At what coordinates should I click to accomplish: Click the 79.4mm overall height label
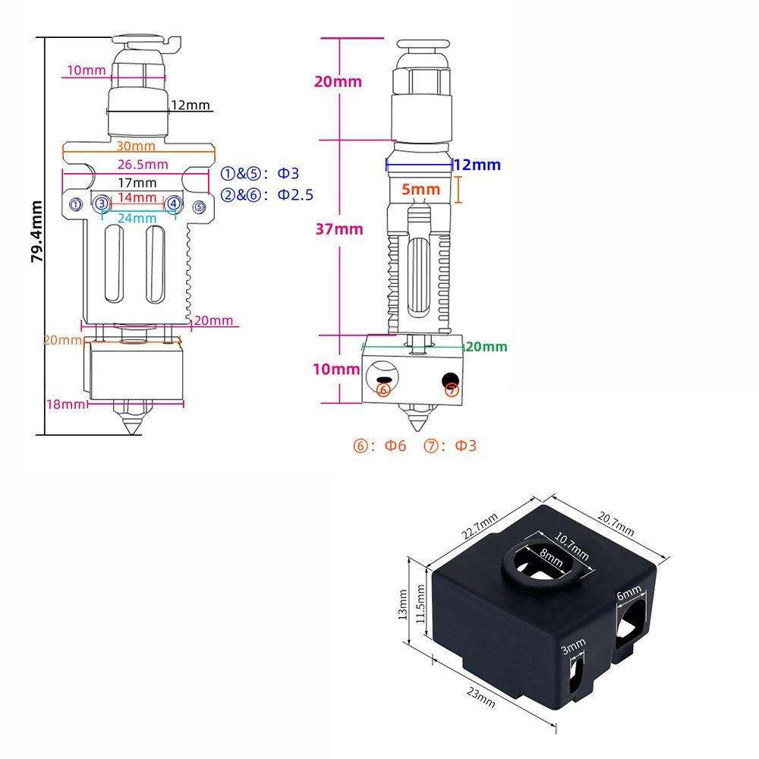pos(35,231)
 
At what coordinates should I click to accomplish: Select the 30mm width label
pos(136,146)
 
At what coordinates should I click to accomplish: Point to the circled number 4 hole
pos(174,203)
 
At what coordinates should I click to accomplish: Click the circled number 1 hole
pos(75,204)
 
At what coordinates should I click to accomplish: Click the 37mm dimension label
pos(339,229)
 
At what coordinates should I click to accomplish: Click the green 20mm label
pos(485,347)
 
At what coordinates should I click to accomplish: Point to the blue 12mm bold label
pos(478,165)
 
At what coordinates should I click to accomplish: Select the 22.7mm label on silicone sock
pos(479,528)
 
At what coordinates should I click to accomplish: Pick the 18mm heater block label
pos(65,405)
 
